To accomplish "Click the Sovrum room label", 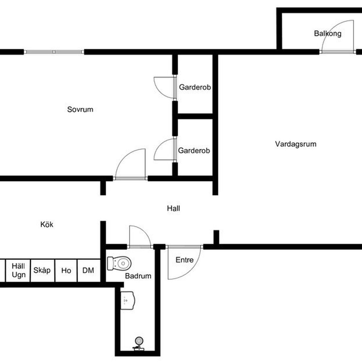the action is (x=80, y=109).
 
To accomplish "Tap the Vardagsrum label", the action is (x=296, y=144).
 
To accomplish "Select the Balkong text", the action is (x=328, y=33).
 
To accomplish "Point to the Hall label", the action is (x=173, y=208).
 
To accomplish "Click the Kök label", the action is (x=47, y=224).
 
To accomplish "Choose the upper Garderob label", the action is (x=195, y=87).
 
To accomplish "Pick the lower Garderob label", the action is (x=194, y=151).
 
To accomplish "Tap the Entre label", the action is (x=185, y=260).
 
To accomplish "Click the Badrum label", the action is (x=138, y=276).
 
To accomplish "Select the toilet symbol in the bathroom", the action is (x=119, y=263).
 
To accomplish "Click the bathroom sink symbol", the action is (x=128, y=300).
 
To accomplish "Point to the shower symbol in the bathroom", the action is (x=139, y=346).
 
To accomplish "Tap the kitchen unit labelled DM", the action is (x=89, y=271).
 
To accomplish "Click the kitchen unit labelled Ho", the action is (x=66, y=271).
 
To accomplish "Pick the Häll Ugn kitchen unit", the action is (x=18, y=271).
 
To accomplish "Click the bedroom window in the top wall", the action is (x=54, y=52).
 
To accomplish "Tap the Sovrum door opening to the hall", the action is (x=130, y=178).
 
